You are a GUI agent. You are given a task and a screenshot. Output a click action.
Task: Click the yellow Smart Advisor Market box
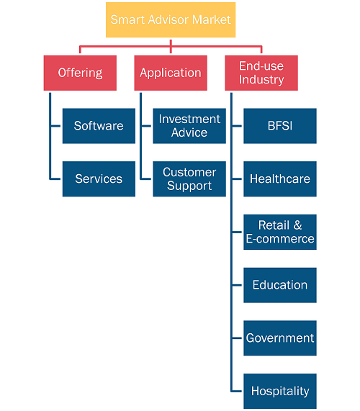tap(171, 20)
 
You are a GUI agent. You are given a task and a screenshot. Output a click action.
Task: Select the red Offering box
tap(80, 73)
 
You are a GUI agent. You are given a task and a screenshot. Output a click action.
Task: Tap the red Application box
tap(171, 73)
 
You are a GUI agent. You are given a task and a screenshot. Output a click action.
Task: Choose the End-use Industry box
tap(261, 73)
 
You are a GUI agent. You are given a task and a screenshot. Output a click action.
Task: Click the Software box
tap(99, 126)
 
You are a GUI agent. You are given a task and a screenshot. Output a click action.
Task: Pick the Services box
tap(99, 179)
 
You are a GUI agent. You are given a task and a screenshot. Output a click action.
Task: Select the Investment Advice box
tap(189, 126)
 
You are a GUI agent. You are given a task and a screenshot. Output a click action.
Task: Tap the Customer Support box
tap(189, 179)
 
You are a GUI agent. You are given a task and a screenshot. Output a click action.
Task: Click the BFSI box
tap(280, 126)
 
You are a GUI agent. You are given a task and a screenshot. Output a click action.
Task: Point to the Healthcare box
tap(280, 179)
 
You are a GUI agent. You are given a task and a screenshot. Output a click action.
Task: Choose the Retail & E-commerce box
tap(280, 232)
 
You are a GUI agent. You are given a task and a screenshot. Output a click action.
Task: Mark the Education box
tap(280, 285)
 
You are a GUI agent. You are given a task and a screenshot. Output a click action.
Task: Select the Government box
tap(280, 338)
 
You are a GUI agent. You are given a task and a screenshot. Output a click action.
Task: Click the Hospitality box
tap(280, 391)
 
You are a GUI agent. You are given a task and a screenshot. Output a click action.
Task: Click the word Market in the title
tap(212, 19)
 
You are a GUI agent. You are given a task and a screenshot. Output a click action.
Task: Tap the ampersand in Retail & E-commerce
tap(297, 225)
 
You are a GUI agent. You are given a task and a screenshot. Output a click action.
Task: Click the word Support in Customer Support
tap(189, 186)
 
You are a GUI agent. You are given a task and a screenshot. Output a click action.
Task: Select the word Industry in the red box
tap(261, 80)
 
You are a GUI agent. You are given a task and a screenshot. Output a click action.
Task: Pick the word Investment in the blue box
tap(189, 119)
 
